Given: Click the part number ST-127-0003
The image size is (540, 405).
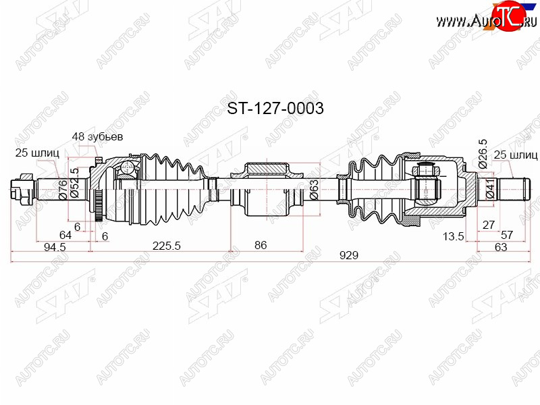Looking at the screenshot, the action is (x=275, y=109).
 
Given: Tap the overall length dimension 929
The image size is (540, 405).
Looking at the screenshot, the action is (x=349, y=256).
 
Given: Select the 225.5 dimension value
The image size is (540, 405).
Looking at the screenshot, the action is (x=166, y=246).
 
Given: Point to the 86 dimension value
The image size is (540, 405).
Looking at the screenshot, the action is (x=261, y=245).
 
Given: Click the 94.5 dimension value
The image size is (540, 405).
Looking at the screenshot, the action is (x=55, y=247).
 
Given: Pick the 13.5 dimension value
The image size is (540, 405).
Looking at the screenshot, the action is (x=453, y=237).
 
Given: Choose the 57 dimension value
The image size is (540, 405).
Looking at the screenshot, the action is (x=507, y=235).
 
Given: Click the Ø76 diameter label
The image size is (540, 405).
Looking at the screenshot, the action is (x=63, y=190).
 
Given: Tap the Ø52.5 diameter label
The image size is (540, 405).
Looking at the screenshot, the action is (x=74, y=182).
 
